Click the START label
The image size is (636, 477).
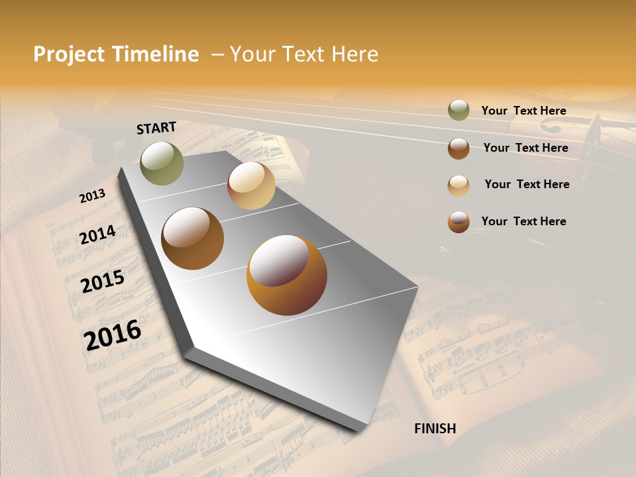pos(156,128)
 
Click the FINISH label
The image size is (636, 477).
pos(435,429)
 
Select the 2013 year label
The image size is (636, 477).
pos(92,196)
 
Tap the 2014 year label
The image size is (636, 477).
pos(97,235)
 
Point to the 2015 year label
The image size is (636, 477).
pos(103,282)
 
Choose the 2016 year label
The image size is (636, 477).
pos(113,335)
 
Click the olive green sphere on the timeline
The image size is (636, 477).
pos(162,163)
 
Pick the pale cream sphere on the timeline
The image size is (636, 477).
pos(251,185)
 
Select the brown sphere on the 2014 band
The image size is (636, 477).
pos(192,238)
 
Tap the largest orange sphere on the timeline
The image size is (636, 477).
pos(286,275)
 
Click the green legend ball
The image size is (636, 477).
pos(458,111)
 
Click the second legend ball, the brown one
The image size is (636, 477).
pos(458,148)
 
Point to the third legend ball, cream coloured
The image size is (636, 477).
pos(458,185)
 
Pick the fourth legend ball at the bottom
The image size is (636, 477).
pos(458,222)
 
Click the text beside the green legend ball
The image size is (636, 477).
pos(523,111)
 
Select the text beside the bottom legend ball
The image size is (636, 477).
pos(523,221)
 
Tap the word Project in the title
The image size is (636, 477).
pos(68,54)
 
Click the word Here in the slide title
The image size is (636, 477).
pos(351,54)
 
